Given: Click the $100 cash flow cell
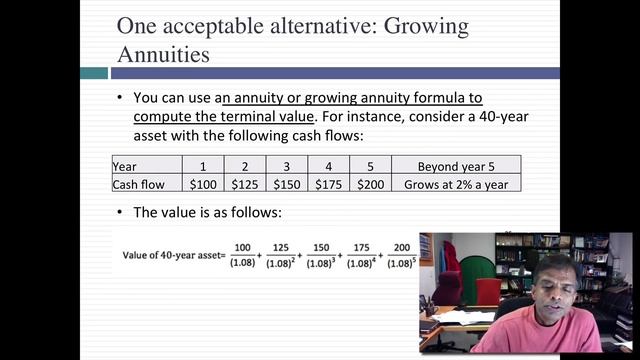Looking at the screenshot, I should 203,184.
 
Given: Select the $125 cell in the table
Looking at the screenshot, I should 245,184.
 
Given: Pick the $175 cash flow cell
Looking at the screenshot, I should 329,184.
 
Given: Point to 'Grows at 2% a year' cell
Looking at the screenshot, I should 455,184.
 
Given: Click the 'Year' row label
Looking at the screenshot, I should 125,166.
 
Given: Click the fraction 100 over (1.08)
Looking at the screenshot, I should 242,256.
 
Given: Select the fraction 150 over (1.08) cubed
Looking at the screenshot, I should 319,256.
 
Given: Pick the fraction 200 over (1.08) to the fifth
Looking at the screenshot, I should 402,256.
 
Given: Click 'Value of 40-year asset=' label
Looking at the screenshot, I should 171,255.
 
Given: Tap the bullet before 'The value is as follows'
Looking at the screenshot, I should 120,212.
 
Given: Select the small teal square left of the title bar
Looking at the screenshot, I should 93,73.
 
